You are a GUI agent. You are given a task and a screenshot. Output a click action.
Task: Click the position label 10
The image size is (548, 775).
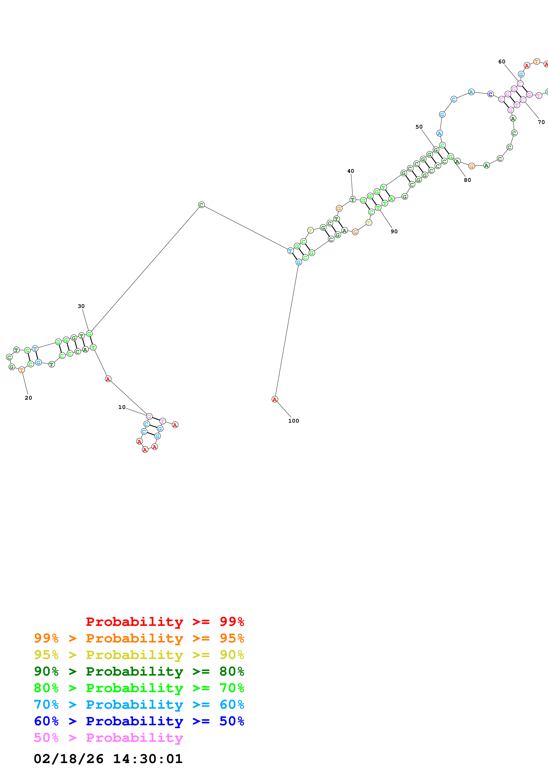tap(122, 407)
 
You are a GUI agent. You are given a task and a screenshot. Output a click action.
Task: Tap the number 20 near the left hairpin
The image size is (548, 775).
tap(28, 398)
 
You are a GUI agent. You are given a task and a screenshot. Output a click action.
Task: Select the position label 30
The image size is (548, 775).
tap(81, 306)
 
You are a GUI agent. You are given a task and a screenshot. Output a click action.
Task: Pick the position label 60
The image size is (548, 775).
tap(502, 62)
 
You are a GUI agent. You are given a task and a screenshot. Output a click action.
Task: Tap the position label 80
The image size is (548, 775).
tap(467, 180)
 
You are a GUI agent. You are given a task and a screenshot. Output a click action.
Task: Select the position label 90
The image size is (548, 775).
tap(394, 232)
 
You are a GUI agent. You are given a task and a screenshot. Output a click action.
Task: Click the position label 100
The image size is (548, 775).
tap(293, 421)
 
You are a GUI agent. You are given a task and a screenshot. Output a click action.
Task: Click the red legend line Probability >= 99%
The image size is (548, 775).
tap(165, 622)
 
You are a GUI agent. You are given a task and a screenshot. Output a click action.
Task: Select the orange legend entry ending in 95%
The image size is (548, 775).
tap(139, 638)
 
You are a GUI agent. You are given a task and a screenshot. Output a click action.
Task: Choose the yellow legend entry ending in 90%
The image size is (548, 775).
tap(139, 655)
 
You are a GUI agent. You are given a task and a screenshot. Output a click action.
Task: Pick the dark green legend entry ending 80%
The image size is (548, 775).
tap(139, 671)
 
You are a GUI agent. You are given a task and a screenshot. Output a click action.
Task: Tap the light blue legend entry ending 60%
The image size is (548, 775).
tap(139, 705)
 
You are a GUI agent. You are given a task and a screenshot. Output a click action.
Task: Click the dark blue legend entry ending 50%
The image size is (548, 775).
tap(139, 721)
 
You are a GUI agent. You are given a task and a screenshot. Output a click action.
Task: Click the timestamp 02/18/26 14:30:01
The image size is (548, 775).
tap(108, 759)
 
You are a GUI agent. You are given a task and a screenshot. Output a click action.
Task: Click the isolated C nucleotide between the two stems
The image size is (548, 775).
tap(201, 205)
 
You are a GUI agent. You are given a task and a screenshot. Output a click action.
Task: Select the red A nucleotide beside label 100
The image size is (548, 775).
tap(275, 399)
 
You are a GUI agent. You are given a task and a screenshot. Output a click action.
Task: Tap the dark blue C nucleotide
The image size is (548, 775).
tap(490, 94)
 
